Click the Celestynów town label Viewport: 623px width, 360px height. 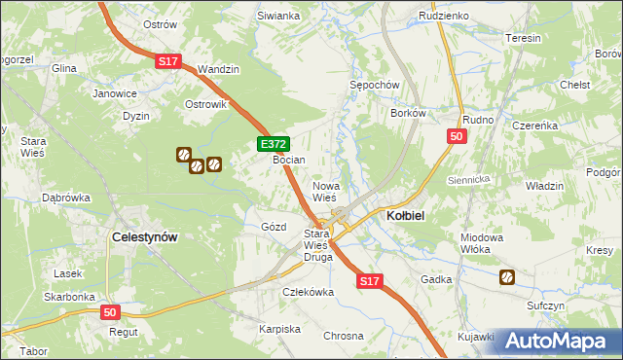pyautogui.click(x=144, y=236)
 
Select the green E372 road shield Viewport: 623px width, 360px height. pyautogui.click(x=273, y=144)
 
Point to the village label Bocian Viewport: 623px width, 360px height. pyautogui.click(x=289, y=159)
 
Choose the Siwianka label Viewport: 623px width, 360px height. pyautogui.click(x=277, y=17)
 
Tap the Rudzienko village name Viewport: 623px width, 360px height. pyautogui.click(x=443, y=17)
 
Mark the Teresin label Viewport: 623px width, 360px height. pyautogui.click(x=523, y=38)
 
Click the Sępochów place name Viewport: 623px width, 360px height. pyautogui.click(x=375, y=86)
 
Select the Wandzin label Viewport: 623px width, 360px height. pyautogui.click(x=218, y=70)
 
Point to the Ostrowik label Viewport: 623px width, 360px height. pyautogui.click(x=205, y=104)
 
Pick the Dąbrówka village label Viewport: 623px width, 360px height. pyautogui.click(x=66, y=198)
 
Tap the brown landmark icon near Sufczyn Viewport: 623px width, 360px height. pyautogui.click(x=507, y=277)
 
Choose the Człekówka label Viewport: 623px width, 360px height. pyautogui.click(x=308, y=292)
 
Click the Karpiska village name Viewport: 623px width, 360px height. pyautogui.click(x=279, y=329)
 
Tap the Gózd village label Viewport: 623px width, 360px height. pyautogui.click(x=274, y=227)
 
